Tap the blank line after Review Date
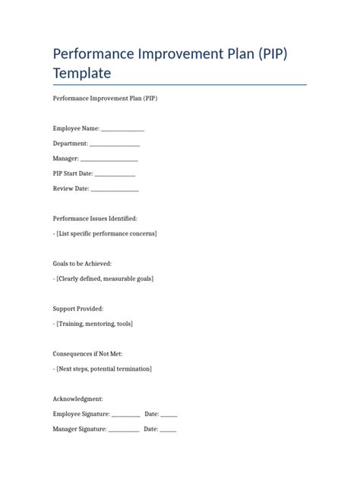(x=115, y=189)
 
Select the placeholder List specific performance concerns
(x=106, y=234)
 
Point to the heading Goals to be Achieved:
(x=82, y=264)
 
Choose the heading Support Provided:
(x=78, y=309)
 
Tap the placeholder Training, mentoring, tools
(x=94, y=324)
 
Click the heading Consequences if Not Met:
(x=87, y=354)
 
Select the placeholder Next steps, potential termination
(x=104, y=369)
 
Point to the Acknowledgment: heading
(x=78, y=399)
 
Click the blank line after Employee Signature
(x=126, y=415)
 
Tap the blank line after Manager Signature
(x=124, y=430)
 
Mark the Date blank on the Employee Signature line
(x=169, y=415)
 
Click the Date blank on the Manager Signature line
(x=168, y=430)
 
